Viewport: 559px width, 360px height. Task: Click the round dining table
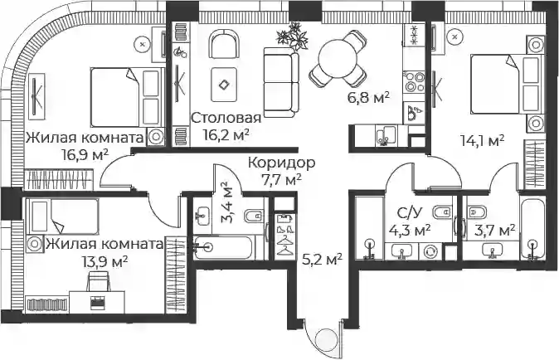pyautogui.click(x=338, y=58)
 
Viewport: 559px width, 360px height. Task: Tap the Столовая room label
pyautogui.click(x=226, y=118)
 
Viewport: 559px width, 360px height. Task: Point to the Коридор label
pyautogui.click(x=282, y=163)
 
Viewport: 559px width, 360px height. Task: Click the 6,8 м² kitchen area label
pyautogui.click(x=368, y=97)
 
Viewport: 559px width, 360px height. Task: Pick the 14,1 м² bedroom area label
pyautogui.click(x=483, y=140)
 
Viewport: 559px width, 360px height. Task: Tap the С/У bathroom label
pyautogui.click(x=410, y=213)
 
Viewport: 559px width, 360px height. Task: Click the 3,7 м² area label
pyautogui.click(x=495, y=230)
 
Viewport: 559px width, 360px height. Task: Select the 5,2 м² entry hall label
pyautogui.click(x=323, y=259)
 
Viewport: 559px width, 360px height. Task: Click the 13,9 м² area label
pyautogui.click(x=105, y=262)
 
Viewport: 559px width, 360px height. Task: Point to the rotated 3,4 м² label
pyautogui.click(x=226, y=202)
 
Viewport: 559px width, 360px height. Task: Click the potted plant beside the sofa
pyautogui.click(x=293, y=36)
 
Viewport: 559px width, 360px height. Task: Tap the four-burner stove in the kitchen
pyautogui.click(x=414, y=83)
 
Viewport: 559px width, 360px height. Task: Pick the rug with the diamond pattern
pyautogui.click(x=224, y=85)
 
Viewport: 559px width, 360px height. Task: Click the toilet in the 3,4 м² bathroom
pyautogui.click(x=254, y=216)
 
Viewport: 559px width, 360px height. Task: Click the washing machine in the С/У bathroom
pyautogui.click(x=430, y=251)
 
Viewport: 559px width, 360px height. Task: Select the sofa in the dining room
pyautogui.click(x=281, y=83)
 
